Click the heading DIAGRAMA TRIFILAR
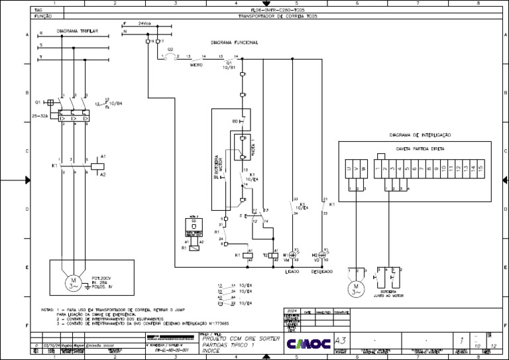[78, 30]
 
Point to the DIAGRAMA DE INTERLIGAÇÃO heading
[420, 134]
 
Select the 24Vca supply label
[144, 23]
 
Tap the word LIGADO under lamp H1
[292, 272]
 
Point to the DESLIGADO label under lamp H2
[322, 272]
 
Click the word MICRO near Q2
[196, 65]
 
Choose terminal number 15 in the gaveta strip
[481, 168]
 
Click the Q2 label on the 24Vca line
[170, 49]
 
